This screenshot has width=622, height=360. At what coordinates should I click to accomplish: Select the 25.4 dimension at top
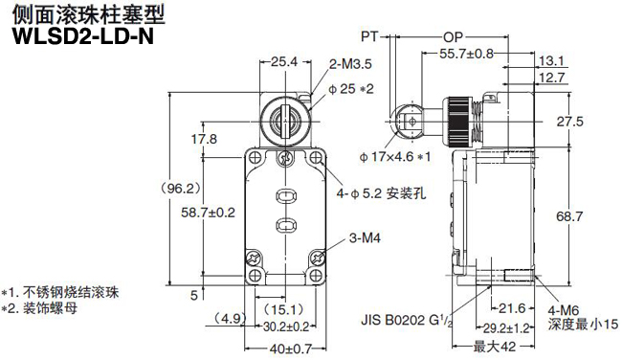click(x=284, y=61)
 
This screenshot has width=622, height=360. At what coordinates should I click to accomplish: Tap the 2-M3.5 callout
click(x=350, y=62)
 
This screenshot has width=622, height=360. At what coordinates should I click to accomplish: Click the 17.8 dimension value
click(x=203, y=139)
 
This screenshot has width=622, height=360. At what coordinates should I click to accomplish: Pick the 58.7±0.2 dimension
click(x=208, y=212)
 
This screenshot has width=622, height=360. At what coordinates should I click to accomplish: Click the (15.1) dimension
click(x=283, y=308)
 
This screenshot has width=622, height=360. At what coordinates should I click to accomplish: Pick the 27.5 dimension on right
click(x=570, y=122)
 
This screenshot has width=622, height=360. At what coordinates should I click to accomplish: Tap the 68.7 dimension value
click(x=570, y=217)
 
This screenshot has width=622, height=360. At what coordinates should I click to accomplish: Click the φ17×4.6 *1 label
click(x=396, y=156)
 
